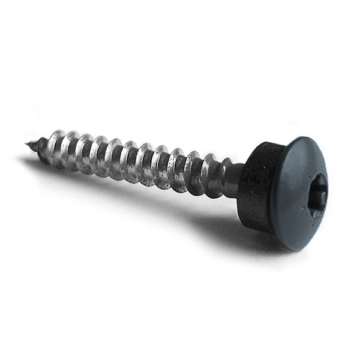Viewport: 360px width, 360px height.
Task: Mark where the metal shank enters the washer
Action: [241, 178]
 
